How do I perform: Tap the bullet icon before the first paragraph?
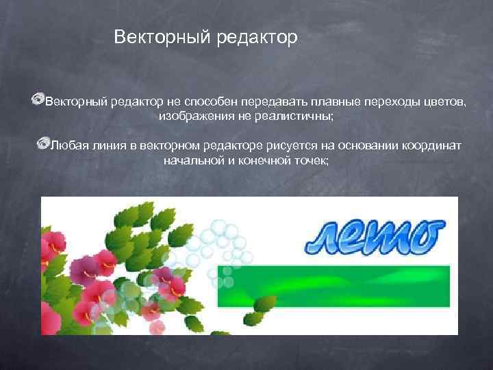coord(38,101)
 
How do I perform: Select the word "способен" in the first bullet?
coord(206,102)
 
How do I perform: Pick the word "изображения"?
coord(192,117)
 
